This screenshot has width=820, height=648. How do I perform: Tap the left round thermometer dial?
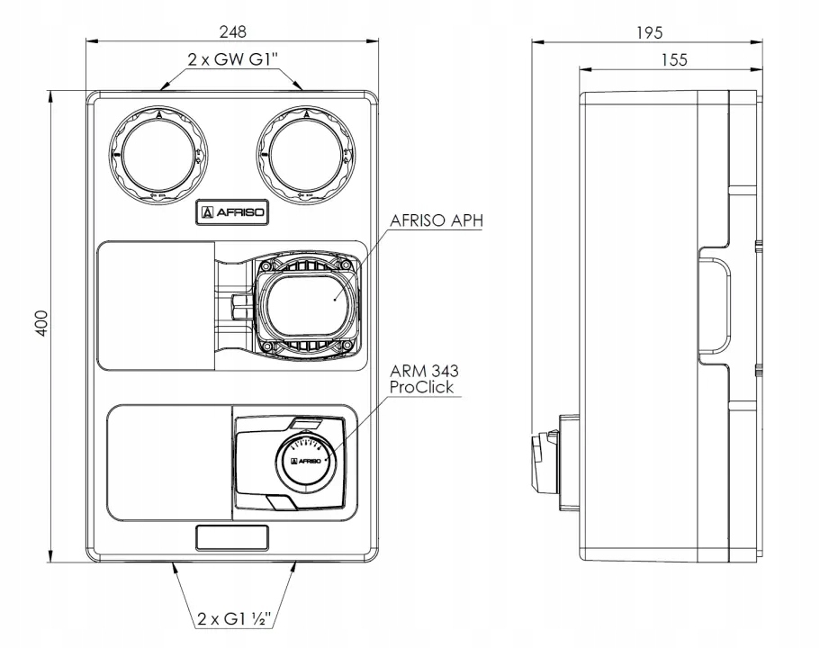(158, 154)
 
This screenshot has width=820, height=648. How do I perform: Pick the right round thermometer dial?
(304, 154)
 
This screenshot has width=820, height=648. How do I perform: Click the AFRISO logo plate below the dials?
(231, 213)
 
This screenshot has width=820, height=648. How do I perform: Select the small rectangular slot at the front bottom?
(232, 537)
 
